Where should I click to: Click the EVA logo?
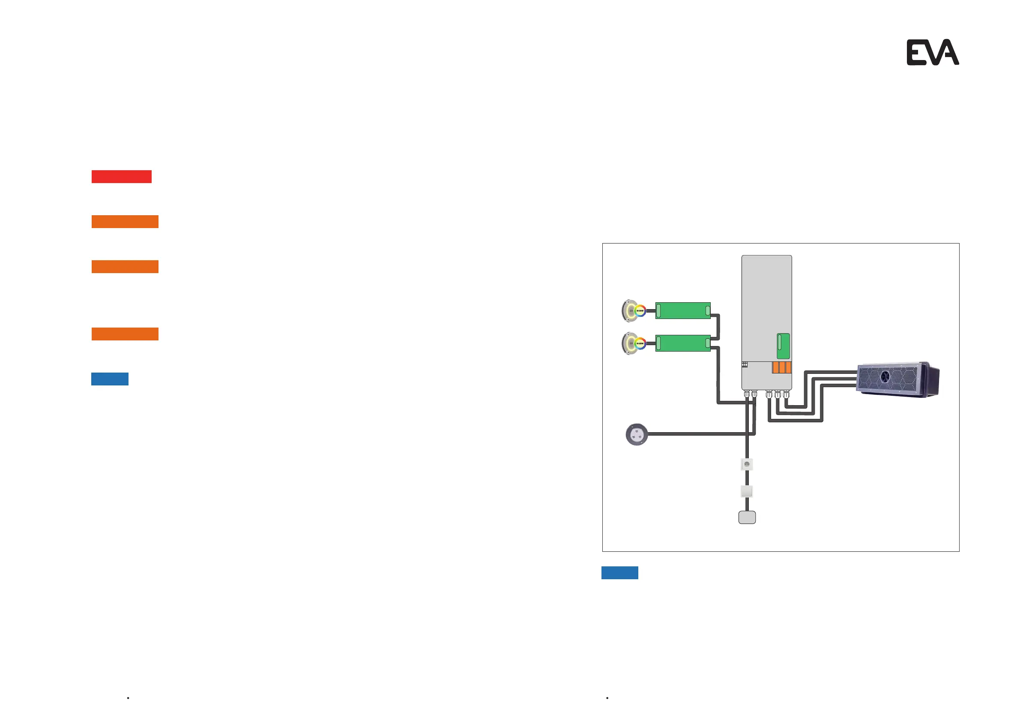coord(932,52)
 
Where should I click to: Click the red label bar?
coord(121,177)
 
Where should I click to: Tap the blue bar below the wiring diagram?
coord(620,573)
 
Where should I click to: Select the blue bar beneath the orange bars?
coord(110,379)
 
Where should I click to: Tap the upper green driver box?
coord(683,310)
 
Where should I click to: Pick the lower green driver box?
coord(683,343)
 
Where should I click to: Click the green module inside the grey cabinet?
coord(783,346)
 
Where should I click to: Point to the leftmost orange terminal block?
coord(776,367)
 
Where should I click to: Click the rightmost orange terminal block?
coord(789,367)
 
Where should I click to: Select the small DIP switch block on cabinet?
coord(745,364)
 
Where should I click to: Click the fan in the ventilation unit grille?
coord(885,377)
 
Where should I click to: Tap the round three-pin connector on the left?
coord(637,434)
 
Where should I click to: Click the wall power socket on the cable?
coord(747,465)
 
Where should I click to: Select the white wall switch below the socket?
coord(747,491)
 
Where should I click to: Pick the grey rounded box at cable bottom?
coord(747,517)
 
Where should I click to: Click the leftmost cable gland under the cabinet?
coord(747,394)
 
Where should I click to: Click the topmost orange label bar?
coord(125,221)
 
